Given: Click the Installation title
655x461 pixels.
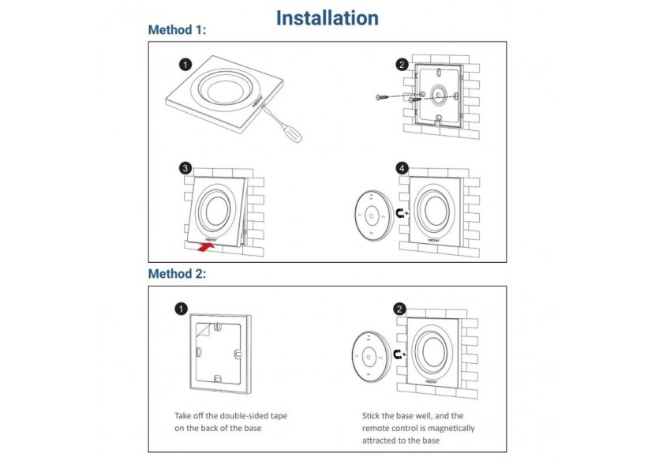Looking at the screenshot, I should point(327,17).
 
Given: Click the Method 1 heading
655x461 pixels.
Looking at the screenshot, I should point(177,30).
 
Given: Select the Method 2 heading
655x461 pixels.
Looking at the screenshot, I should point(177,274).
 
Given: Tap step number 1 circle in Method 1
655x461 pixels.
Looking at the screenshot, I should point(185,64).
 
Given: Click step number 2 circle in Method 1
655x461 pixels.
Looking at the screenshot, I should point(402,65).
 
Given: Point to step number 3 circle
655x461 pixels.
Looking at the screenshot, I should point(185,168).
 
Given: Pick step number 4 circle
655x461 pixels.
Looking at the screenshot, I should point(402,168).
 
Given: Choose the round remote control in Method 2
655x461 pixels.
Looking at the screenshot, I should point(369,356).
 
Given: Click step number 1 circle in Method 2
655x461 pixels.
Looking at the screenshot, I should point(181,309).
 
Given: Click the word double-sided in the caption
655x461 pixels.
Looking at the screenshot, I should point(248,415).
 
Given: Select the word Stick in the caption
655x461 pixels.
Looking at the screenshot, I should point(372,415).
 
